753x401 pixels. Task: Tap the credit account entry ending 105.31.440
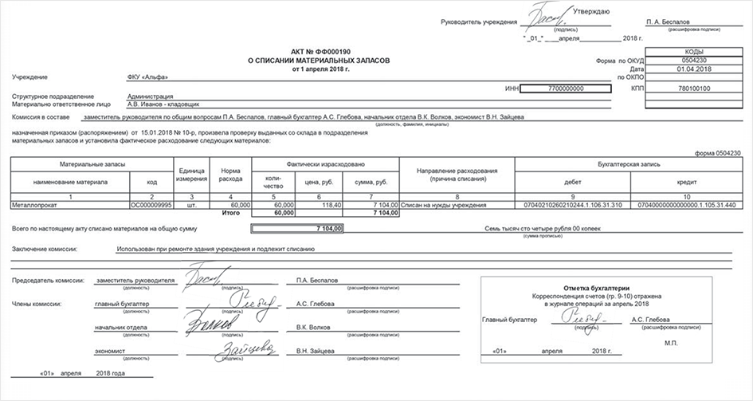pos(686,205)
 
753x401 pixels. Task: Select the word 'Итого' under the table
pos(231,213)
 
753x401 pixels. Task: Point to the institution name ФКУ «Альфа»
pos(147,77)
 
